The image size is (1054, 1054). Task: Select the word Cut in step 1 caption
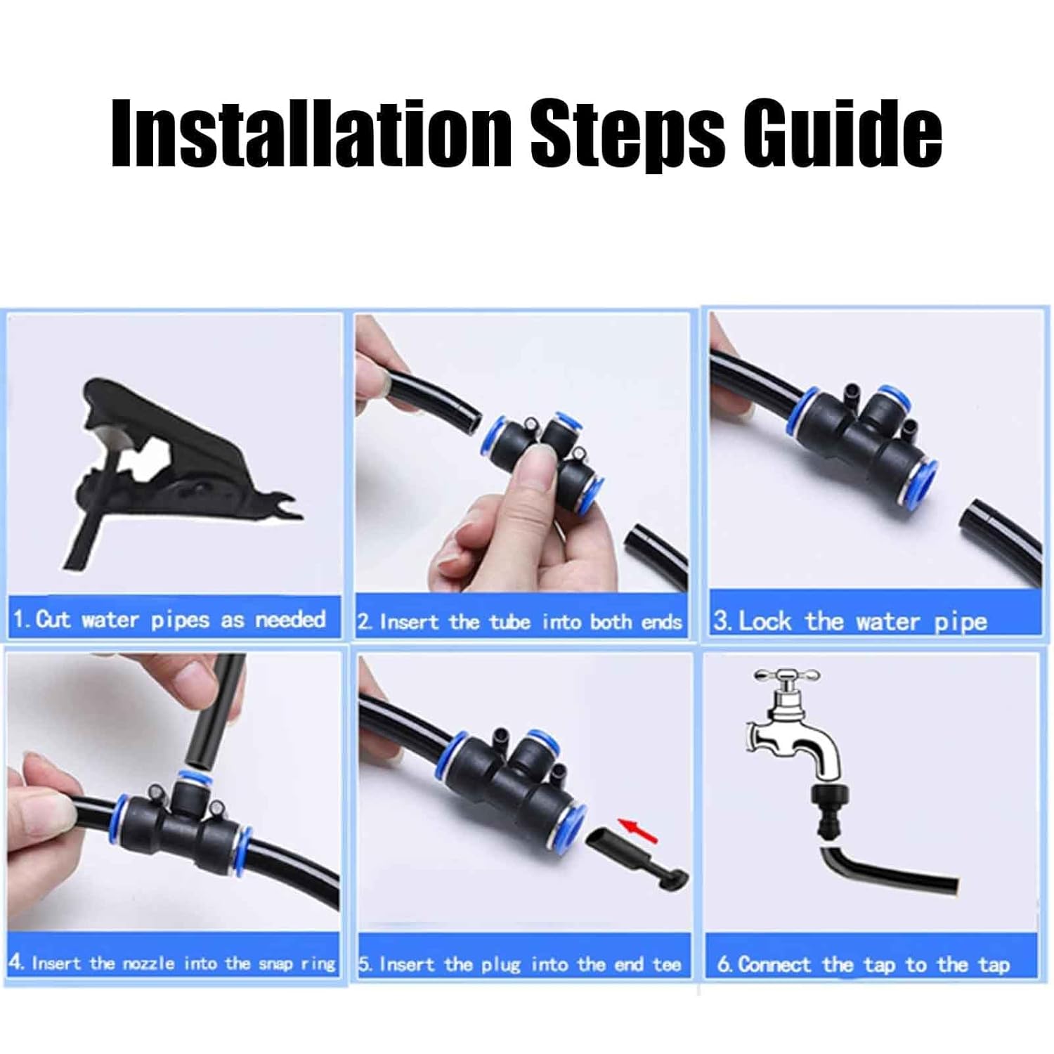53,619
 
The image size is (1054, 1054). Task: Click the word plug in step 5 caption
501,965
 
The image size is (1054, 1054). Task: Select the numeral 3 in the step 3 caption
720,621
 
